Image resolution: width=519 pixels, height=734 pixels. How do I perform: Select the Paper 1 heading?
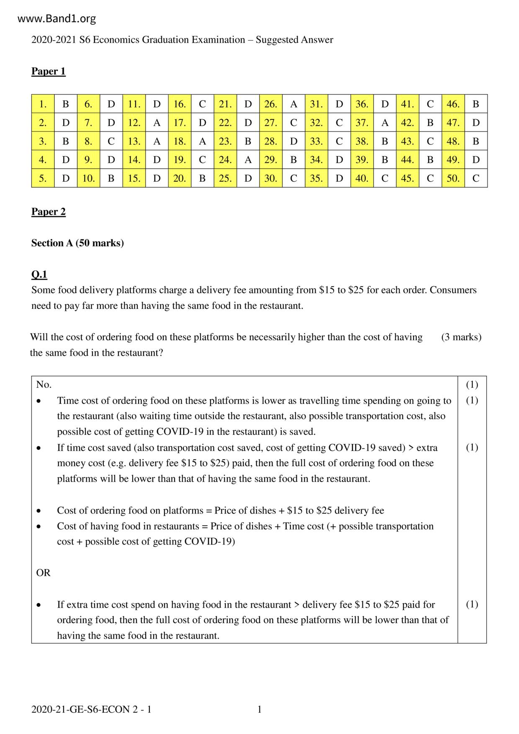point(49,71)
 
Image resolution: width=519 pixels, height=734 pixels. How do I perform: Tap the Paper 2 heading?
point(49,212)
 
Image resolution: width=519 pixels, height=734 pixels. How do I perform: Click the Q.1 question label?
point(39,275)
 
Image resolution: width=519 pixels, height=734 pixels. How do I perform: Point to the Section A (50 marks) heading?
point(77,243)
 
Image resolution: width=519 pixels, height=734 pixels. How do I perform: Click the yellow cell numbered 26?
point(271,104)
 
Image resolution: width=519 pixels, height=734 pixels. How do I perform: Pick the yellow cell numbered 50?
point(453,178)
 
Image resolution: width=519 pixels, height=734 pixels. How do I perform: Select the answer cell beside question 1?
point(66,104)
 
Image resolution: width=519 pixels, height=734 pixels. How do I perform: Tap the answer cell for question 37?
point(385,123)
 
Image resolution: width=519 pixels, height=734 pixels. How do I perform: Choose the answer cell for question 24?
point(248,159)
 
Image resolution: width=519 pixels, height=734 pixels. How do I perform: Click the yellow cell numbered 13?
point(134,141)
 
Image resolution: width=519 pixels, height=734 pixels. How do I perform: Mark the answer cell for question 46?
point(475,104)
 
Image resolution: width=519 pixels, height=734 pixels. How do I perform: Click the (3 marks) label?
point(461,337)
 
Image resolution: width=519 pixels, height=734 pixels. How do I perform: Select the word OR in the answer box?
point(43,573)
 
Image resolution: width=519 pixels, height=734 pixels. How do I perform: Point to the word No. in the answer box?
point(44,385)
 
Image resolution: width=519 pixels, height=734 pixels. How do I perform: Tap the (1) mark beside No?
point(472,385)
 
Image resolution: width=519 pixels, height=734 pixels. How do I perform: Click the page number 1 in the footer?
point(259,709)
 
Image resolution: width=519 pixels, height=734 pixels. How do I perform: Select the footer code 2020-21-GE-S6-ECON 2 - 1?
point(91,709)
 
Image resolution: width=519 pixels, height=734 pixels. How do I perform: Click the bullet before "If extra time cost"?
point(39,605)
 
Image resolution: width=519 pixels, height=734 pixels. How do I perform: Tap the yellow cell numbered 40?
point(362,178)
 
